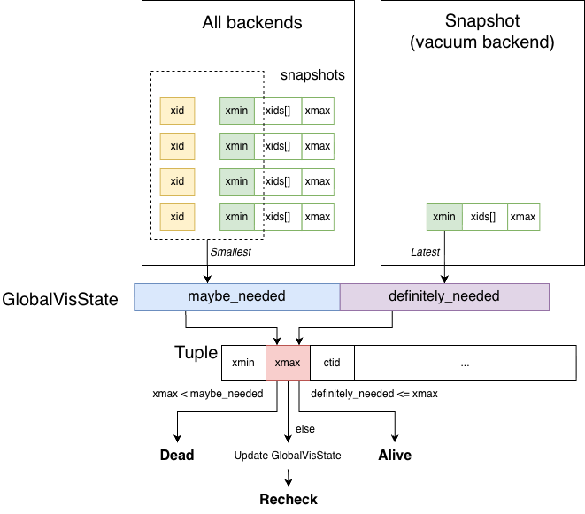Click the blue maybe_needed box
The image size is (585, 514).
(236, 296)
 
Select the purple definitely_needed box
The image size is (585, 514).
(444, 296)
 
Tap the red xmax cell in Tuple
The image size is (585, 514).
(288, 363)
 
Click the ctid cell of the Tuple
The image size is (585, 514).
(332, 363)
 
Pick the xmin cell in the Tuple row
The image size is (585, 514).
(243, 363)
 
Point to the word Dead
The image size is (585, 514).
(177, 456)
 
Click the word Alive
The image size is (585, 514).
(395, 456)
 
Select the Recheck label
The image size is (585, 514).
(288, 500)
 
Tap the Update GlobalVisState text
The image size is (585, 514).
(288, 456)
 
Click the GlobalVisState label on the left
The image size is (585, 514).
(60, 299)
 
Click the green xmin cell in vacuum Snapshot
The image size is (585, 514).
(444, 217)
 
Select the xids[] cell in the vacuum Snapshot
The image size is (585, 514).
(482, 217)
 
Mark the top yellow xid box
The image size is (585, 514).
(177, 111)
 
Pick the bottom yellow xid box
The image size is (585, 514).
(177, 217)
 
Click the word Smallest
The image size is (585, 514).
(230, 252)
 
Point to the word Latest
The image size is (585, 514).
(425, 252)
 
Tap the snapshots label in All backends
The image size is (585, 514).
(312, 75)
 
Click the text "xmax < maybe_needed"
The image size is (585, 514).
(208, 394)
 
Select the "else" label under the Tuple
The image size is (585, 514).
(304, 429)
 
